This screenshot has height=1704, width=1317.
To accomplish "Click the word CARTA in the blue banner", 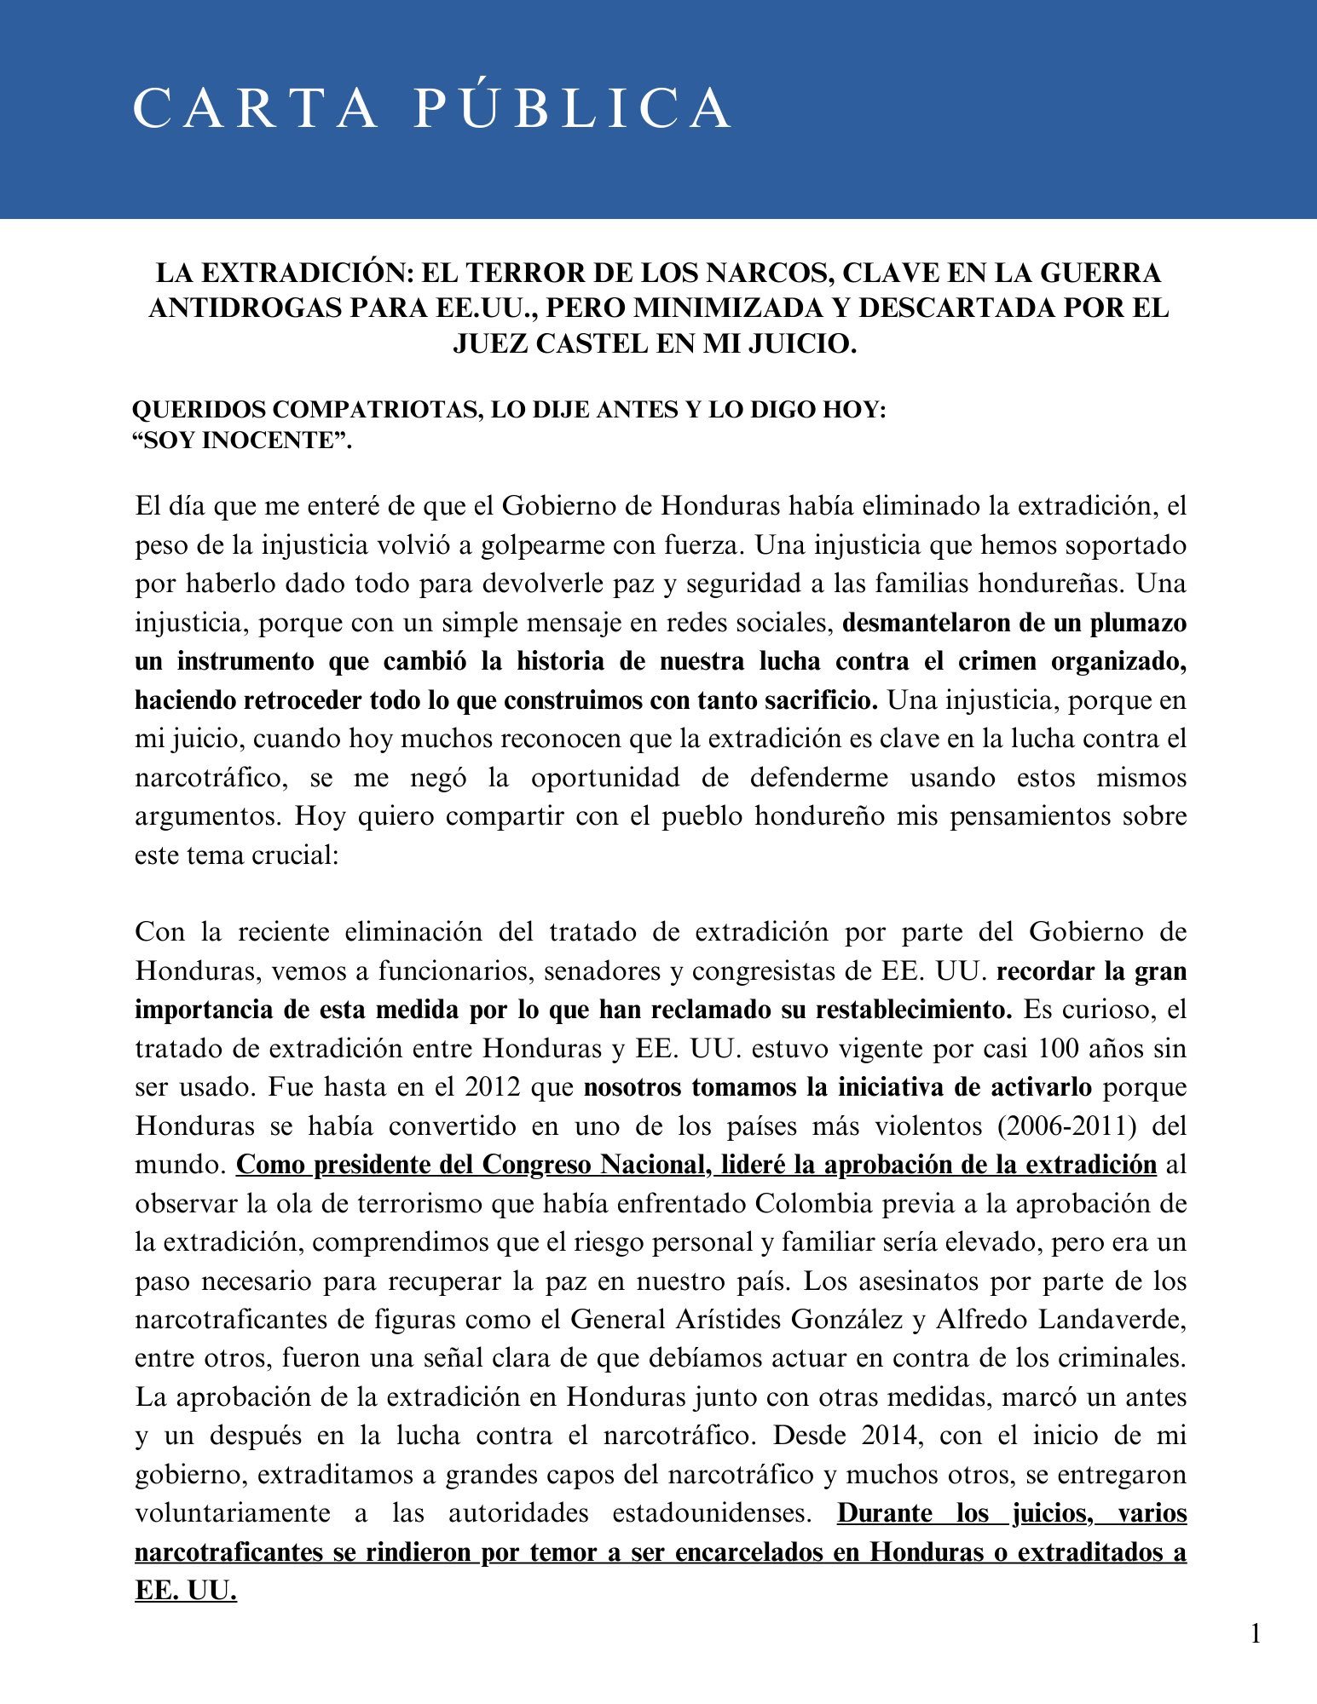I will pos(255,107).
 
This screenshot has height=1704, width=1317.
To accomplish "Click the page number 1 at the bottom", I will pos(1255,1633).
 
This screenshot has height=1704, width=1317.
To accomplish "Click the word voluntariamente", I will pos(233,1513).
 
